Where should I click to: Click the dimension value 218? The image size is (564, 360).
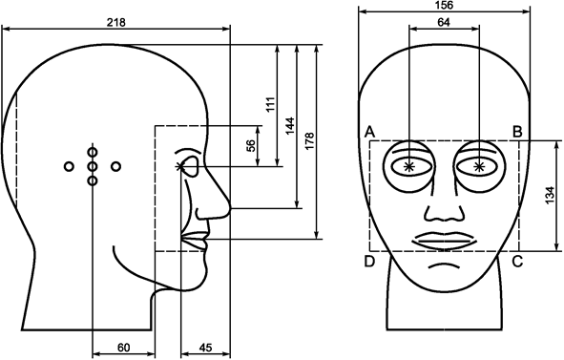tap(115, 20)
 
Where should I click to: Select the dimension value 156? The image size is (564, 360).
tap(444, 5)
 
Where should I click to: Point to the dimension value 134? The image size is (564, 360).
tap(549, 197)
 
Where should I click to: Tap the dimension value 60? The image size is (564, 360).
tap(123, 348)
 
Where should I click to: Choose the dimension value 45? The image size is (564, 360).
tap(204, 348)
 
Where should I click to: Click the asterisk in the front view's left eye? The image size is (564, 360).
tap(409, 167)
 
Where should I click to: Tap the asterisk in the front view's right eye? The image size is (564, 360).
tap(478, 167)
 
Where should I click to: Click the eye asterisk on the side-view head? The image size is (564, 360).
tap(180, 167)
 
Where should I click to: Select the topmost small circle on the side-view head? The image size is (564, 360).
tap(93, 151)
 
